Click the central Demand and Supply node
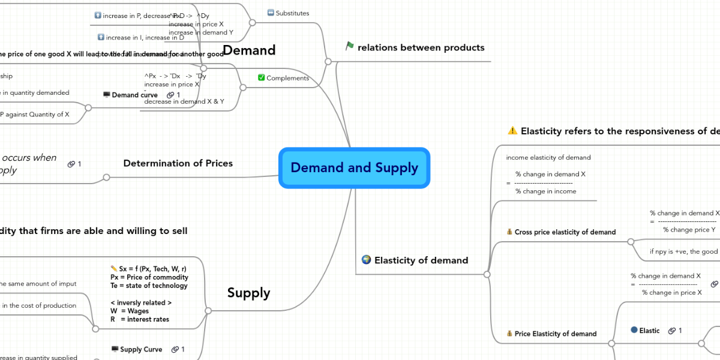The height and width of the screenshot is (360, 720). tap(354, 168)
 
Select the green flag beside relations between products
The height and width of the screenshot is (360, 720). tap(350, 46)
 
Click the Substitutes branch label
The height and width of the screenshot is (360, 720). tap(292, 13)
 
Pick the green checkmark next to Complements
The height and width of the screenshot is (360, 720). tap(261, 77)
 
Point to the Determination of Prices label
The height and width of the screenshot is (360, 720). tap(178, 163)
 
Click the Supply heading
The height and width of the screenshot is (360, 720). tap(248, 293)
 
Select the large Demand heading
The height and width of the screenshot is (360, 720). tap(248, 50)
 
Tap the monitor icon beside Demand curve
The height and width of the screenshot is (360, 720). tap(106, 95)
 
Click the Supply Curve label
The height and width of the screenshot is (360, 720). tap(141, 349)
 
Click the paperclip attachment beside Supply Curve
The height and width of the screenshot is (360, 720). tap(175, 349)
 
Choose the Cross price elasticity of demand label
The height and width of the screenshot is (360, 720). tap(565, 232)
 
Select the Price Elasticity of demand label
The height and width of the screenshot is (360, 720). tap(555, 334)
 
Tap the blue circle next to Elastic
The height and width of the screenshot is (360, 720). tap(634, 330)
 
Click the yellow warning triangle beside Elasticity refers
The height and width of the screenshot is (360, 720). tap(512, 131)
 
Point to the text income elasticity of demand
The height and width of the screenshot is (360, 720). tap(548, 158)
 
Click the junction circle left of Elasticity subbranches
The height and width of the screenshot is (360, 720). tap(487, 274)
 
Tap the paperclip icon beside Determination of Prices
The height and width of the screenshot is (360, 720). tap(71, 164)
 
